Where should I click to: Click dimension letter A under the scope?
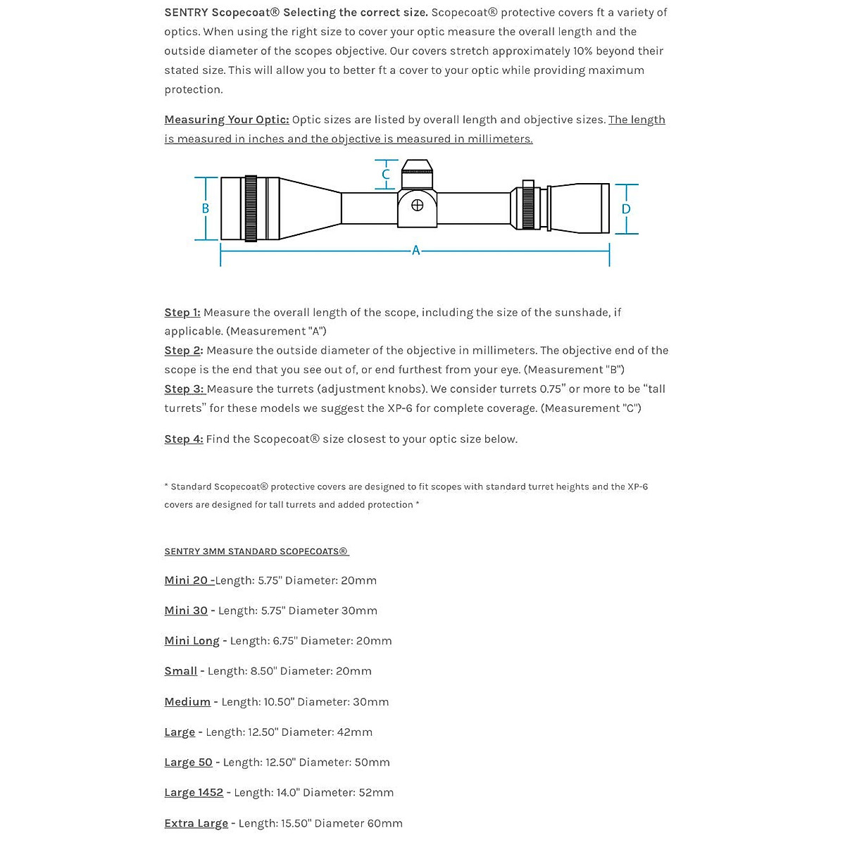pos(415,250)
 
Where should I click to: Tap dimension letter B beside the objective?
pos(206,208)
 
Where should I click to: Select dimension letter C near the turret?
pos(386,175)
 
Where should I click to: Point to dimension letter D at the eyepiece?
pos(626,209)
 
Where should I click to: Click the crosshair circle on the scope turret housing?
pos(417,206)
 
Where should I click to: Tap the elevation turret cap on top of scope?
pos(416,168)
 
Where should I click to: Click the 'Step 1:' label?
pos(182,313)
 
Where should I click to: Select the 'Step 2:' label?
pos(184,351)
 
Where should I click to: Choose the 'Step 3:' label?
pos(184,389)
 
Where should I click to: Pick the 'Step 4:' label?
pos(184,439)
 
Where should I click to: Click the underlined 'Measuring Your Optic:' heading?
pos(227,120)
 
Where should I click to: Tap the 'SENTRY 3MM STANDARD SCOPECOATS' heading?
pos(256,551)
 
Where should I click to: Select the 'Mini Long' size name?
pos(192,641)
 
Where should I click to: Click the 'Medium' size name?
pos(187,702)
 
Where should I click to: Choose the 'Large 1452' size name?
pos(194,793)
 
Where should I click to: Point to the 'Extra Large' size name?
pos(196,823)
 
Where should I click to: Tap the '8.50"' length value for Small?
pos(263,671)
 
